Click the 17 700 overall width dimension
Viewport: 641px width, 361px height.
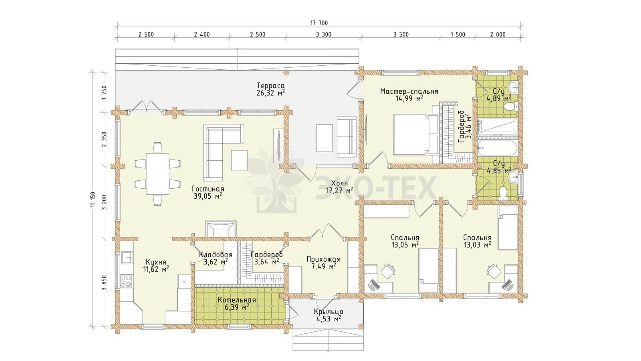coord(319,23)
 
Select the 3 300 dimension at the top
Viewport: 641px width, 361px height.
coord(324,34)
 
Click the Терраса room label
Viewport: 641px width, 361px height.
coord(270,86)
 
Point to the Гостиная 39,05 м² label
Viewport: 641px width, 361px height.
coord(208,192)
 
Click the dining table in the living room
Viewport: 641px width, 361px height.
coord(158,174)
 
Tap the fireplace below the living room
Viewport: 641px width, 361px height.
coord(221,229)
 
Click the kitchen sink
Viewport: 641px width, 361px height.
coord(127,257)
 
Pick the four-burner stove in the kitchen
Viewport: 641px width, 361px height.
coord(126,281)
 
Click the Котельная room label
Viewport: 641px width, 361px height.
coord(237,300)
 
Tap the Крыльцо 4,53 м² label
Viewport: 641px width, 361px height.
coord(328,315)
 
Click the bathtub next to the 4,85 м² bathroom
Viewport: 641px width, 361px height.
coord(498,148)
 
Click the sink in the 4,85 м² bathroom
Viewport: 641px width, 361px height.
coord(513,177)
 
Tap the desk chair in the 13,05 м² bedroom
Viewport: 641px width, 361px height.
coord(387,271)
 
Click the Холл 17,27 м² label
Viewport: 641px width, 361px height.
coord(339,186)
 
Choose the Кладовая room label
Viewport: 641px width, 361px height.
coord(216,255)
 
